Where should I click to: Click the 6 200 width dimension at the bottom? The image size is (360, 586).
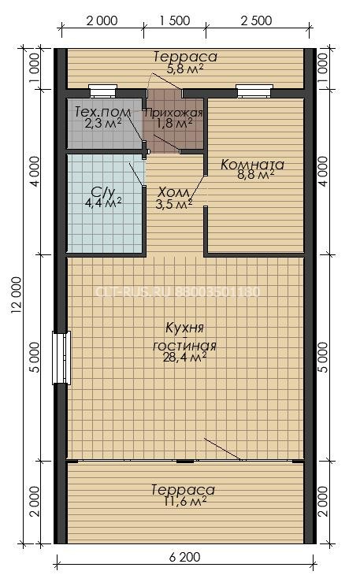click(x=184, y=557)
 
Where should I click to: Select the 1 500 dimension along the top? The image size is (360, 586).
click(x=175, y=20)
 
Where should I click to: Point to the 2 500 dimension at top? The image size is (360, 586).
click(x=256, y=20)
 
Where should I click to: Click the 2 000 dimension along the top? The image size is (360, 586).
click(x=102, y=20)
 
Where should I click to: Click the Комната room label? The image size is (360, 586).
click(x=252, y=165)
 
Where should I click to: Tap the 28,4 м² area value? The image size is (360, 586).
click(x=184, y=358)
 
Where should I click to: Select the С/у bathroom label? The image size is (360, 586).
click(x=103, y=192)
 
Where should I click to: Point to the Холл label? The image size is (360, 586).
click(x=174, y=192)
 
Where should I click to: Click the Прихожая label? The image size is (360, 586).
click(x=174, y=113)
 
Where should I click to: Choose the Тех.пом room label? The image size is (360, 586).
click(x=103, y=111)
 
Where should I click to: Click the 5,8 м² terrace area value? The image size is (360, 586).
click(x=184, y=69)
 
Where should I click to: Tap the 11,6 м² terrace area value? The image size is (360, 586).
click(x=184, y=501)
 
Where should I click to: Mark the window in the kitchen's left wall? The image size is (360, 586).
click(x=61, y=358)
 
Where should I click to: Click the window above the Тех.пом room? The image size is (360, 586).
click(x=103, y=91)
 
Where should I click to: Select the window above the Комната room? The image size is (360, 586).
click(x=254, y=91)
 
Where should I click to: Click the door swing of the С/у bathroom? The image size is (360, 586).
click(x=137, y=175)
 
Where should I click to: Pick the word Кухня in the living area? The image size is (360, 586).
click(x=184, y=328)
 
